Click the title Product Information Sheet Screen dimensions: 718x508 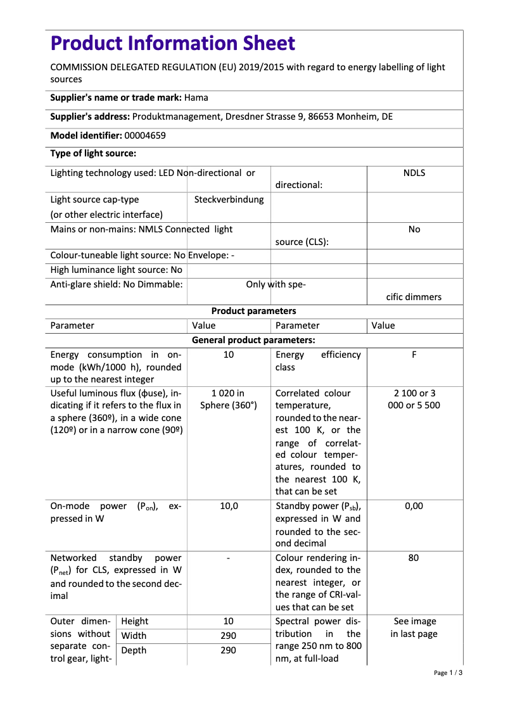[x=173, y=43]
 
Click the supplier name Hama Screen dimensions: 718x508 [x=196, y=98]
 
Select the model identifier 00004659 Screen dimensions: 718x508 [x=145, y=135]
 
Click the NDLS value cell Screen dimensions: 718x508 [x=414, y=173]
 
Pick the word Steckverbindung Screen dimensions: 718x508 [x=229, y=199]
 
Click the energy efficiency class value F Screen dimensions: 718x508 [x=414, y=355]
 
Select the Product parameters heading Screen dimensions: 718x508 [x=253, y=311]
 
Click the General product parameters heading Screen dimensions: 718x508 [x=253, y=340]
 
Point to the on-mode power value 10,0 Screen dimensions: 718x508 [x=229, y=506]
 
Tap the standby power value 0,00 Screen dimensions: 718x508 [x=414, y=506]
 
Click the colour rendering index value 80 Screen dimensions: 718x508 [x=414, y=558]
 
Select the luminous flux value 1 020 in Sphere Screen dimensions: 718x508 [x=229, y=399]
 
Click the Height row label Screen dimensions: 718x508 [x=135, y=621]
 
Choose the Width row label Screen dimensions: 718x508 [x=134, y=636]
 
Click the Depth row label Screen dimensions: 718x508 [x=134, y=650]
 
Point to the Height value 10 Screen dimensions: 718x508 [x=229, y=621]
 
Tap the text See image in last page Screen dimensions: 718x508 [x=414, y=627]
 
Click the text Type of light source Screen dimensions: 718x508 [x=93, y=153]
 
